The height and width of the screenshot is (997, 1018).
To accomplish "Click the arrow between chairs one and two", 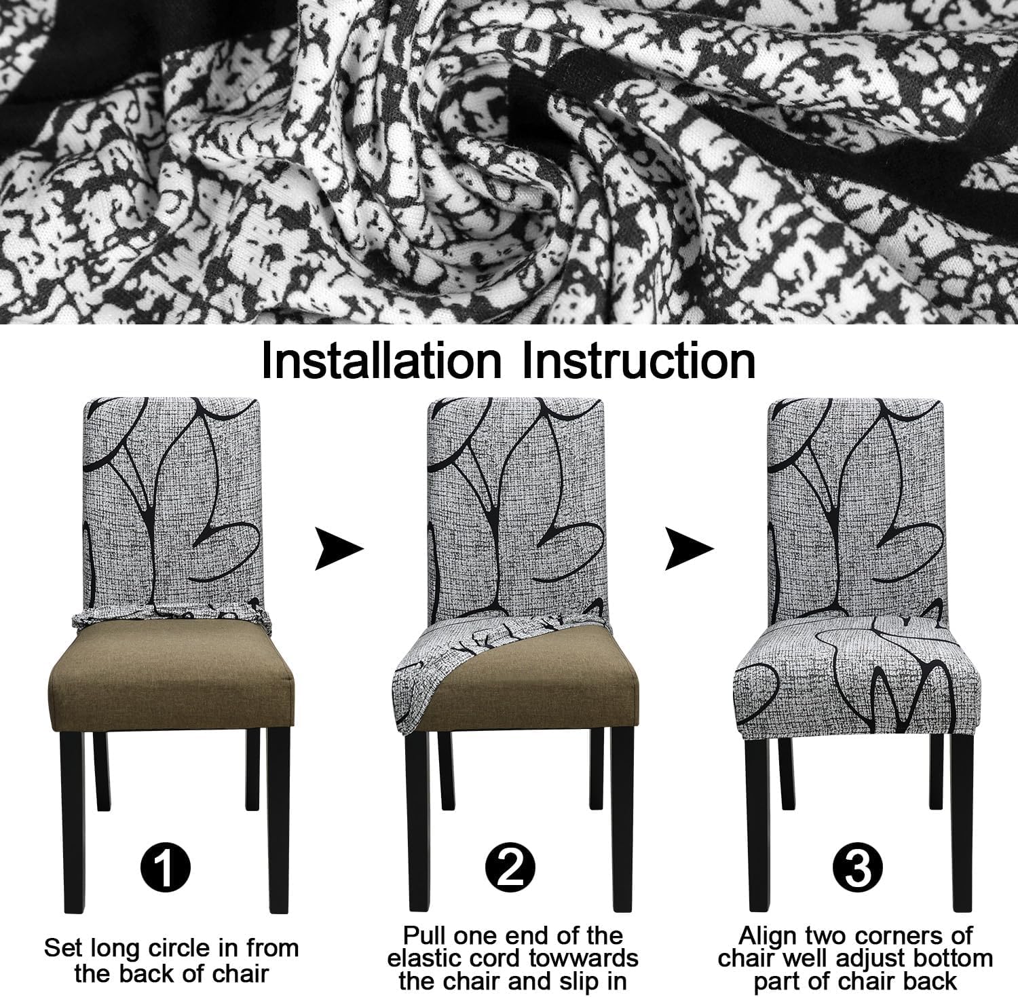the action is click(x=339, y=550).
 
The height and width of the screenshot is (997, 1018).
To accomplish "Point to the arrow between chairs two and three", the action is click(x=689, y=550).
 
